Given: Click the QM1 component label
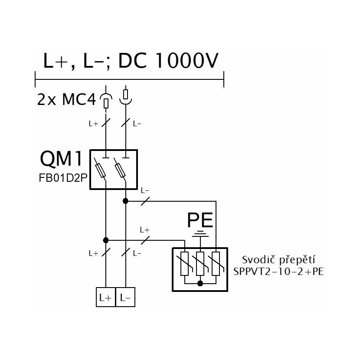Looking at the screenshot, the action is click(61, 159).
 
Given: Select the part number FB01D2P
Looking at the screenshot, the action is click(63, 178).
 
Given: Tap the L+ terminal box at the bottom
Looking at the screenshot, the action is click(105, 297).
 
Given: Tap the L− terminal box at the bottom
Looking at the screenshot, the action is click(125, 297).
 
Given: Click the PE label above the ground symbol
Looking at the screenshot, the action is click(200, 220).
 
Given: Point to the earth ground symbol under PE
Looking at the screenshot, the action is click(200, 234).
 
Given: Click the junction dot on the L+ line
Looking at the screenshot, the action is click(105, 240).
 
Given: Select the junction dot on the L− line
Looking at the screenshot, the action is click(125, 201).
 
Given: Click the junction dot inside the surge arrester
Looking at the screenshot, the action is click(200, 283).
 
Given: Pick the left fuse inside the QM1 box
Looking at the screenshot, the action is click(100, 170).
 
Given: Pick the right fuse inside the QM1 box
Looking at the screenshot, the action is click(120, 170).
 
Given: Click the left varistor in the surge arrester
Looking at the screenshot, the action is click(185, 264).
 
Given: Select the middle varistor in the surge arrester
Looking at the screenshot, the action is click(200, 264).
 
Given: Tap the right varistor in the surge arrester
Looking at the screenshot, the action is click(216, 264).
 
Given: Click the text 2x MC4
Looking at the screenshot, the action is click(66, 100).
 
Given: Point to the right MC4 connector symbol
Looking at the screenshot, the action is click(126, 96).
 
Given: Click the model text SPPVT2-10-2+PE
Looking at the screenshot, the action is click(278, 272).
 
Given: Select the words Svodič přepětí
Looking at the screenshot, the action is click(278, 260).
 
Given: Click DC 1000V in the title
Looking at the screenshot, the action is click(167, 61).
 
